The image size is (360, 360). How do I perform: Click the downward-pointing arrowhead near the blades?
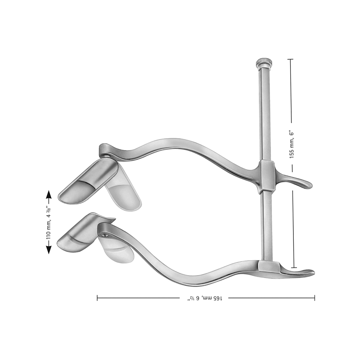pyautogui.click(x=49, y=249)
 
